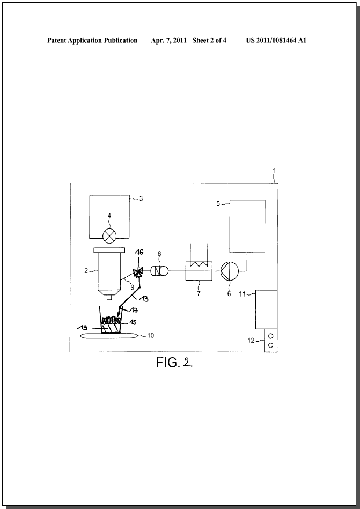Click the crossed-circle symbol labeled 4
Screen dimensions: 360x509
coord(109,236)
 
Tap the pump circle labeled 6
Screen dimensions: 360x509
coord(229,271)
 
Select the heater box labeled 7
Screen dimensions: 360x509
coord(199,271)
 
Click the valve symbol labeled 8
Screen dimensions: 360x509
coord(160,270)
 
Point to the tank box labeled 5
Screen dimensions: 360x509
coord(247,226)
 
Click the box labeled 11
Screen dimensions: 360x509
coord(266,309)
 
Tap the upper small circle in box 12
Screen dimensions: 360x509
coord(271,336)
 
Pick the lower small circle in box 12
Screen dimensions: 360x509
coord(271,345)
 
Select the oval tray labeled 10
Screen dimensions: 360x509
coord(109,336)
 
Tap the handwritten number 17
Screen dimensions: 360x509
coord(134,311)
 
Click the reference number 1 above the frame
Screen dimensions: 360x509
coord(274,171)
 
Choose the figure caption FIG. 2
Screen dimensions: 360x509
coord(174,362)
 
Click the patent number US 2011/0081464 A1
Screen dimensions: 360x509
coord(276,40)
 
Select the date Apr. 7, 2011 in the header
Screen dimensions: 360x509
coord(168,40)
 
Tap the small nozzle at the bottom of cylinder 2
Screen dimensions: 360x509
coord(109,297)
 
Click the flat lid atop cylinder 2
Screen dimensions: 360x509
coord(109,250)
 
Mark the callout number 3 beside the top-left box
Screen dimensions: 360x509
coord(141,198)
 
